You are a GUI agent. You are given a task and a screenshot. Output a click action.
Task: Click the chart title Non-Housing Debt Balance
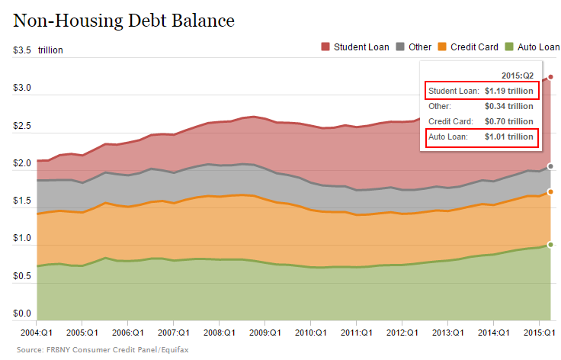[123, 20]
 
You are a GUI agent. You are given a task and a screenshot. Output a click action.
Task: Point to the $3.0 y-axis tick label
[22, 88]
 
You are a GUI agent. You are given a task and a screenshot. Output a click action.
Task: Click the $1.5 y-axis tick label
[22, 201]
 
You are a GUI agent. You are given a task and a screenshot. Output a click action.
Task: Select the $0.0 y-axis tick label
[22, 313]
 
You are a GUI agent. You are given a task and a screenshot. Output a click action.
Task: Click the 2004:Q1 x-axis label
[36, 333]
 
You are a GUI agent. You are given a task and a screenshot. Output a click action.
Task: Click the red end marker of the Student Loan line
[550, 77]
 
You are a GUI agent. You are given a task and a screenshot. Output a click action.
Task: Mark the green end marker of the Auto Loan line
[550, 245]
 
